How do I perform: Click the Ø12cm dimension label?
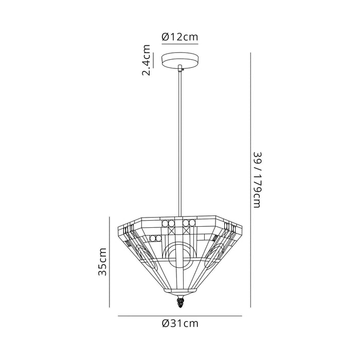click(x=180, y=37)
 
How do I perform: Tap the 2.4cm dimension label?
click(x=146, y=60)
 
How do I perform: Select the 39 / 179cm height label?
click(x=257, y=180)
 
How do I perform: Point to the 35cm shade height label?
click(x=102, y=262)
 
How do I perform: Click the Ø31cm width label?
click(x=180, y=323)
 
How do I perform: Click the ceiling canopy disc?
click(x=180, y=60)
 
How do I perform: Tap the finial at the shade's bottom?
click(x=180, y=302)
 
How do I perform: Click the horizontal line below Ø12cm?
click(x=180, y=44)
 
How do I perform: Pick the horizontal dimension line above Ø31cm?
click(x=180, y=316)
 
